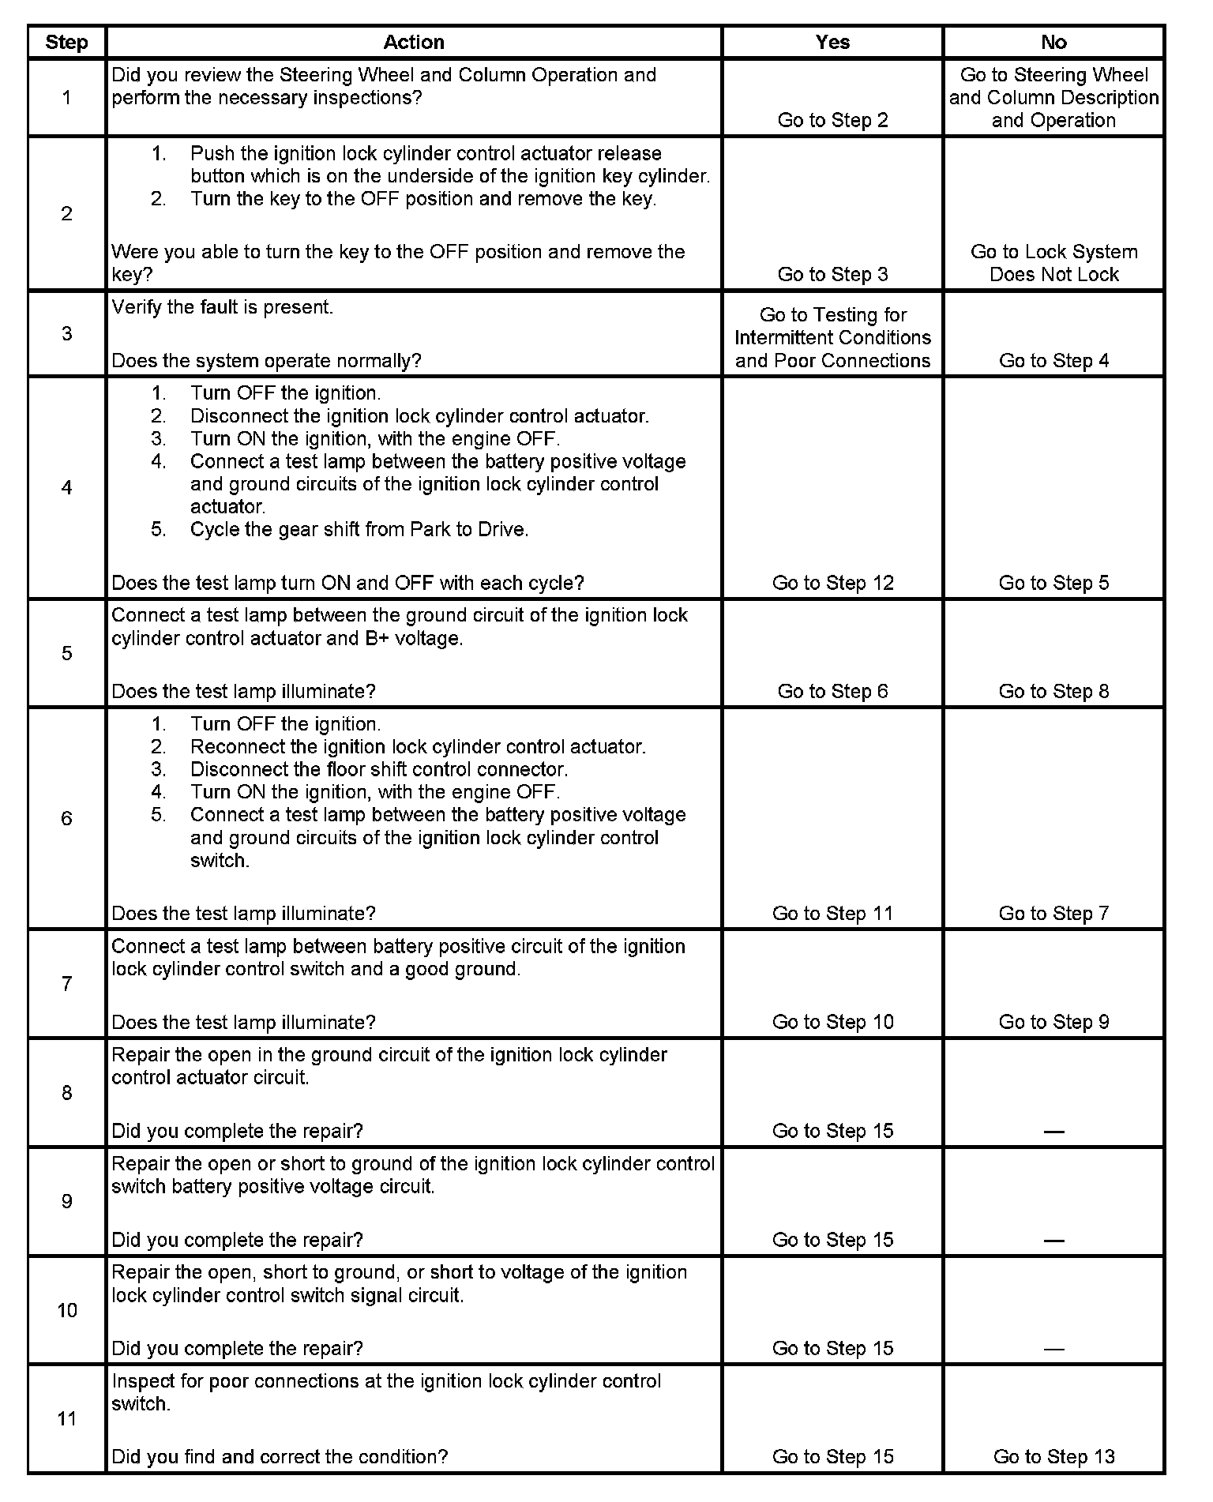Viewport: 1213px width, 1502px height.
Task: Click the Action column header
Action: click(x=414, y=43)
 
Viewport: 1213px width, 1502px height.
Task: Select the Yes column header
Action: click(x=832, y=43)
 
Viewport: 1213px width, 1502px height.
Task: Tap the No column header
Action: click(x=1053, y=43)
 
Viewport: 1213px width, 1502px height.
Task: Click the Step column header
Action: click(x=66, y=43)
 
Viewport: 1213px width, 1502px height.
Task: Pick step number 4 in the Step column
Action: click(x=66, y=487)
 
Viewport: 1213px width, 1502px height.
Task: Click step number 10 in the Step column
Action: click(x=66, y=1311)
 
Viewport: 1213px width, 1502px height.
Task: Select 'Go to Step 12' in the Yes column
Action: click(x=832, y=583)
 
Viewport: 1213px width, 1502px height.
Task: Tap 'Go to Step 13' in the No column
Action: click(x=1053, y=1456)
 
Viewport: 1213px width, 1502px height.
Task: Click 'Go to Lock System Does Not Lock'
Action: click(x=1053, y=263)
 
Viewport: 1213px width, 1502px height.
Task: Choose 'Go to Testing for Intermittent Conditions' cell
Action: click(x=832, y=338)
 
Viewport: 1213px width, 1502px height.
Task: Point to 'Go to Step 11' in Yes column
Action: click(x=832, y=914)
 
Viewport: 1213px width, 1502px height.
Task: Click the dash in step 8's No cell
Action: click(x=1053, y=1132)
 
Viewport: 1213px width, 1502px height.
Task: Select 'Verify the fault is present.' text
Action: click(x=223, y=307)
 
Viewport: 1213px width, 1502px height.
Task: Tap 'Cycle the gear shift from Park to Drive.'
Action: click(x=359, y=529)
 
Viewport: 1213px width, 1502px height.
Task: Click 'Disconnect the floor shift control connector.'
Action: click(x=379, y=769)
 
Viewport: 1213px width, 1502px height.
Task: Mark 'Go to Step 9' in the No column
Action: click(x=1053, y=1023)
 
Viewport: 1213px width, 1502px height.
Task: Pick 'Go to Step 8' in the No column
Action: click(x=1053, y=692)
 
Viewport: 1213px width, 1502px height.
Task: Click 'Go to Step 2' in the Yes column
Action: click(x=832, y=120)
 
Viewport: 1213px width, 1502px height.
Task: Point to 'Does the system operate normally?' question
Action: click(x=266, y=361)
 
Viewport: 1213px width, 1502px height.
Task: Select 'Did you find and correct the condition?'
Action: click(x=280, y=1456)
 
